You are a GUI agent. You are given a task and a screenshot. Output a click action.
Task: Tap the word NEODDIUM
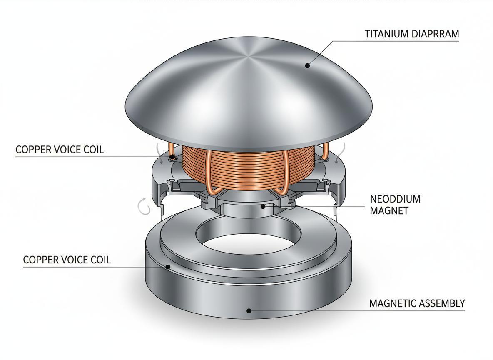[395, 199]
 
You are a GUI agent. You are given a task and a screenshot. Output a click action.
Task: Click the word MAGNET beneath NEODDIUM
[389, 211]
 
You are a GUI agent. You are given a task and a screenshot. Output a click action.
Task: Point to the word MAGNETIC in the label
[393, 304]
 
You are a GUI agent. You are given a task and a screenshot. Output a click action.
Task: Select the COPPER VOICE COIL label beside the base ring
[67, 260]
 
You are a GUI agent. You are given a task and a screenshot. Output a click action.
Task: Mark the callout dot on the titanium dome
[308, 65]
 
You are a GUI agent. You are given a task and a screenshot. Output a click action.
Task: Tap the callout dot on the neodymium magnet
[263, 206]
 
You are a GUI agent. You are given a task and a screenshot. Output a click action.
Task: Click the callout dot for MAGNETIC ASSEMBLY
[249, 310]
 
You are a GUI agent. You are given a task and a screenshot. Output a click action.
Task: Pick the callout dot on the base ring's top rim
[168, 267]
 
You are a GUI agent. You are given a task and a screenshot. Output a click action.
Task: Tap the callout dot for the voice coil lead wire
[172, 157]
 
